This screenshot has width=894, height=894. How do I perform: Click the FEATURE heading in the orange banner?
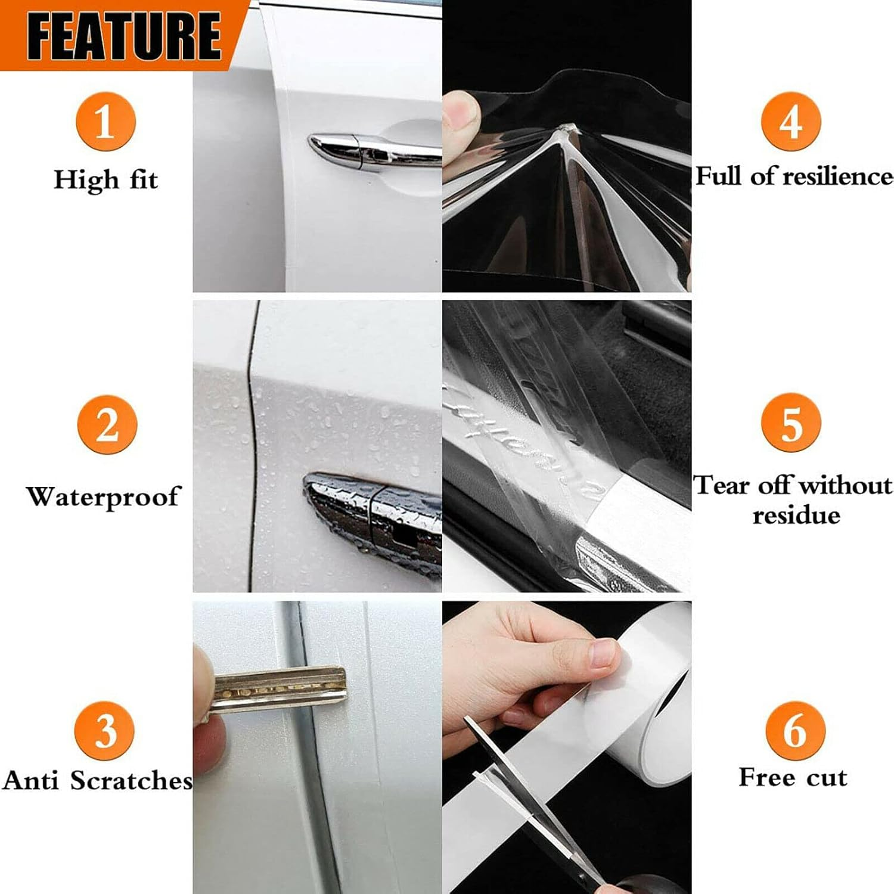[123, 36]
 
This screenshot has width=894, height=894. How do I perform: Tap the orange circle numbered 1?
[105, 122]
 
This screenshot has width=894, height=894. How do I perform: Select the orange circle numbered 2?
[107, 424]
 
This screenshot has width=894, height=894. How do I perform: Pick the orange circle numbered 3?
[104, 730]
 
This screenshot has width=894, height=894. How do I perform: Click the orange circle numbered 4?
[791, 122]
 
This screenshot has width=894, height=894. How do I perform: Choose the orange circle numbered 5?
[791, 423]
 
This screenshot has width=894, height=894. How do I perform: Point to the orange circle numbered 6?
[795, 730]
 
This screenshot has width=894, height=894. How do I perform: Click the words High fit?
[105, 180]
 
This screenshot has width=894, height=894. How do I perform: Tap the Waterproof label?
[103, 496]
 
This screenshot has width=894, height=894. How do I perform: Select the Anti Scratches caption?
[97, 780]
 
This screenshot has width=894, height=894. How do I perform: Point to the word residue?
[796, 515]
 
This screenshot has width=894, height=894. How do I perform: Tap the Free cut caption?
[793, 778]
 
